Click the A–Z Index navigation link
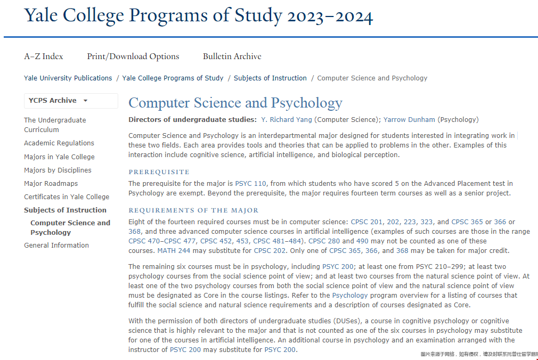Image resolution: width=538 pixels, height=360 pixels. click(43, 56)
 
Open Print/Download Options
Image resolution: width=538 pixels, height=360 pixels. click(133, 56)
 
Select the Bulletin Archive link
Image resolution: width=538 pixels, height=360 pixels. click(232, 56)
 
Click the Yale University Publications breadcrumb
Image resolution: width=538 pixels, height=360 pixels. click(68, 78)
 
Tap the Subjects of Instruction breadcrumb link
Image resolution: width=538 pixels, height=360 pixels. click(270, 78)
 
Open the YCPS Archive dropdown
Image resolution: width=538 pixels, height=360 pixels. click(59, 101)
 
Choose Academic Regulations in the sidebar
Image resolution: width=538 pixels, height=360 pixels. click(59, 143)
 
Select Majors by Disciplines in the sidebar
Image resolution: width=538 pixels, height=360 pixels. click(58, 170)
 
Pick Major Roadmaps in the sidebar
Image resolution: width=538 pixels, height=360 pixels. click(51, 184)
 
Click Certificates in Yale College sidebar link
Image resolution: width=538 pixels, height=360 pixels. click(67, 197)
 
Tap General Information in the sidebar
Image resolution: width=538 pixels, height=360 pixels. click(56, 246)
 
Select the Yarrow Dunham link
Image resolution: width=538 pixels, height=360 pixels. click(409, 120)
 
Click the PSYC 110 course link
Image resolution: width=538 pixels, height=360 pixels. click(250, 184)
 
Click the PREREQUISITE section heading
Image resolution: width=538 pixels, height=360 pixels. click(159, 172)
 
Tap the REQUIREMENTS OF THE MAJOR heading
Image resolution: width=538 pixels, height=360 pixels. click(193, 210)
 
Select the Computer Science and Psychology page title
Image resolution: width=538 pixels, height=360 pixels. click(235, 103)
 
